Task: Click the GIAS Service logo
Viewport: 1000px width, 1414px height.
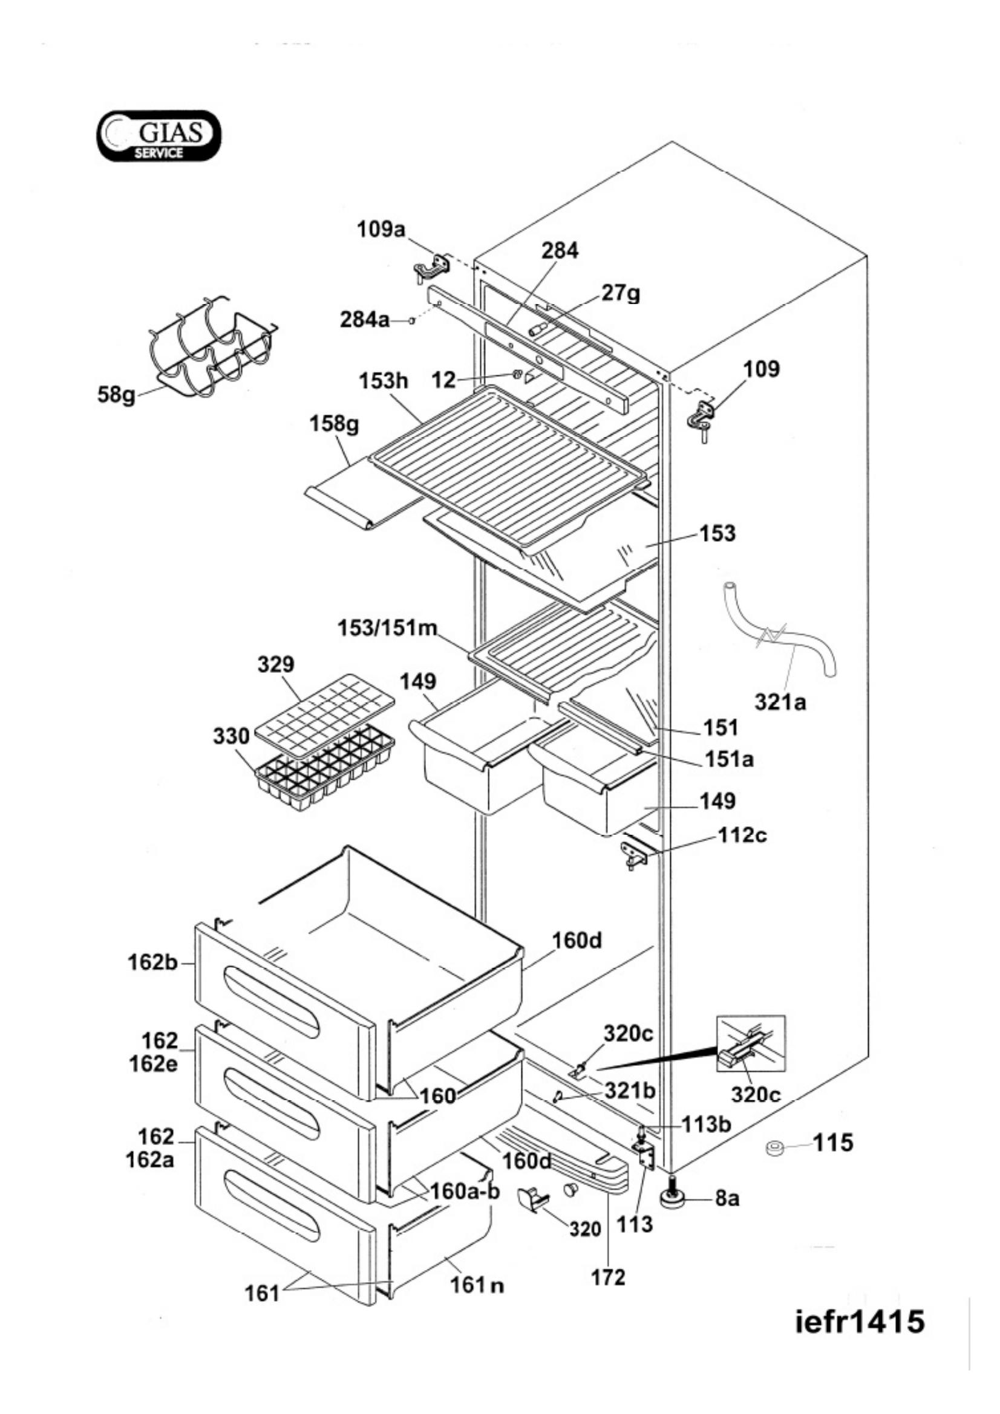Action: point(158,135)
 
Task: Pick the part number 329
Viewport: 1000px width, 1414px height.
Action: point(276,664)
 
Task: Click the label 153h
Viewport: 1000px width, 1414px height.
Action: point(384,381)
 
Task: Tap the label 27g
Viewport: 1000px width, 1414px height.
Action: point(621,293)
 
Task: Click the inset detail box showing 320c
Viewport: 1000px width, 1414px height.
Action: point(751,1043)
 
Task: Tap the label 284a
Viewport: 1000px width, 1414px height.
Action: point(365,320)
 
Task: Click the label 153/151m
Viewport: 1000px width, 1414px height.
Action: point(387,629)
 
